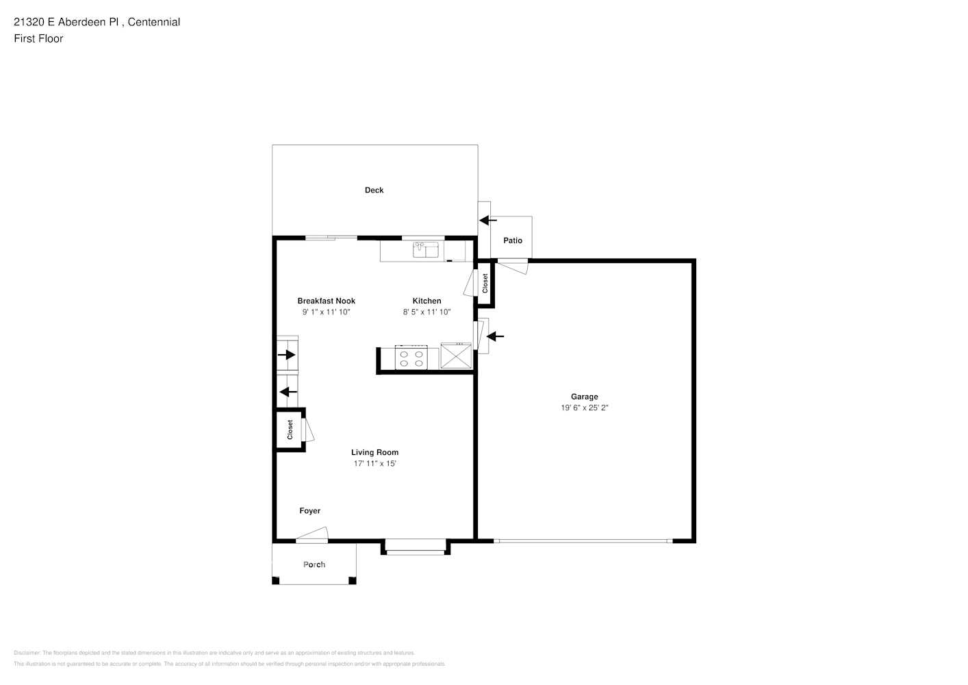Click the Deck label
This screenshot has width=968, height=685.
click(374, 190)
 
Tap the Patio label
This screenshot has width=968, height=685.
click(513, 240)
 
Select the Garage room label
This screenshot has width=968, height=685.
click(584, 397)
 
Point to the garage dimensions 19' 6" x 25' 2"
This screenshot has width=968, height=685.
click(584, 408)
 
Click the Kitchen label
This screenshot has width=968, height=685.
click(426, 301)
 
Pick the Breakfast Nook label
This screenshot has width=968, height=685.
click(326, 301)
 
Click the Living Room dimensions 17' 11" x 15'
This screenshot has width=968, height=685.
click(374, 464)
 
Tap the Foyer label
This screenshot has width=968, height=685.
click(309, 511)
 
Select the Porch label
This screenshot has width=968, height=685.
click(314, 564)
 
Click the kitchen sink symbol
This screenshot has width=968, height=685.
click(426, 250)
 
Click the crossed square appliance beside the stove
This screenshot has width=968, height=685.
click(456, 358)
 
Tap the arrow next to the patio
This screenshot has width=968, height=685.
click(488, 220)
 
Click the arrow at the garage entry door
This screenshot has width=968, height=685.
click(495, 336)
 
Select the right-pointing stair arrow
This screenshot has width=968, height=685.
click(286, 355)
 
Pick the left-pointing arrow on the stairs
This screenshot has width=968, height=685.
click(288, 392)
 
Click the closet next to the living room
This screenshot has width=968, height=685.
click(290, 430)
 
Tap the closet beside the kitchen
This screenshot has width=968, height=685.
click(485, 284)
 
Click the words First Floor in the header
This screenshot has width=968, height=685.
click(38, 38)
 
